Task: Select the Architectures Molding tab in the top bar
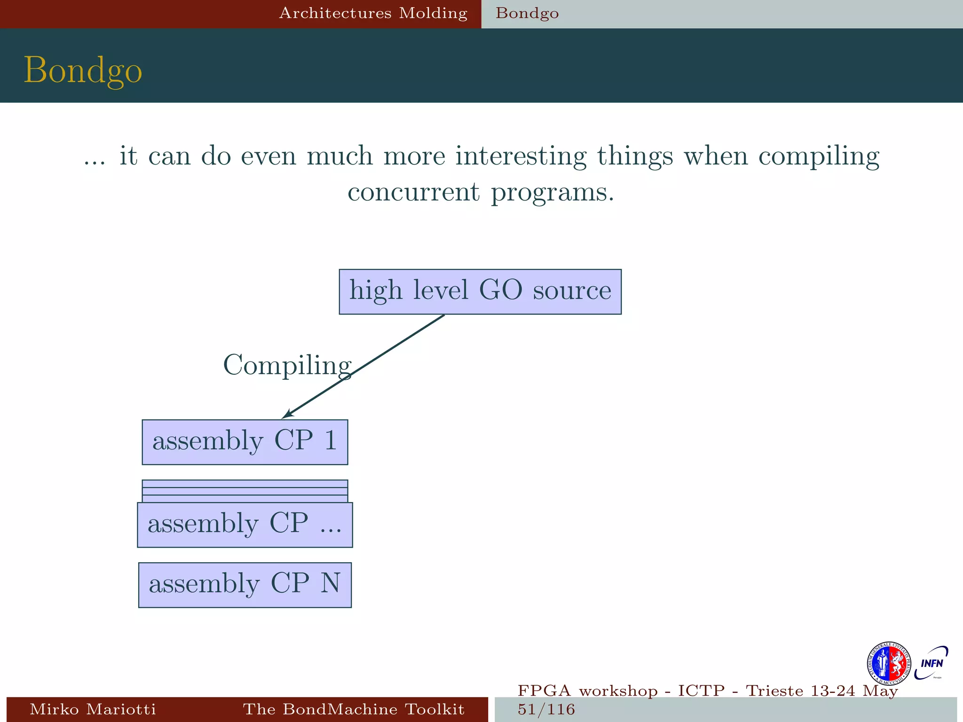[x=373, y=13]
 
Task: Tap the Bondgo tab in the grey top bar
[x=527, y=13]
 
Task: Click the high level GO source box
[x=480, y=291]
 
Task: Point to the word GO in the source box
[x=500, y=290]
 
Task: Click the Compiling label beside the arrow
[x=287, y=365]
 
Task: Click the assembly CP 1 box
[x=245, y=442]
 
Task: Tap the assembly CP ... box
[x=245, y=525]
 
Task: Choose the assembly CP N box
[x=245, y=585]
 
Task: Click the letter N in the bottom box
[x=330, y=583]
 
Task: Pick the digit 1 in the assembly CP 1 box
[x=331, y=440]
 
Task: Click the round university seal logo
[x=888, y=664]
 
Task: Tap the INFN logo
[x=931, y=663]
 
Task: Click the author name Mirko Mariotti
[x=93, y=709]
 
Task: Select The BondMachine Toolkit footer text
[x=354, y=709]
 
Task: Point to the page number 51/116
[x=546, y=709]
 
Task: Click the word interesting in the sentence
[x=521, y=156]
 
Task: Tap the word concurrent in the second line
[x=414, y=192]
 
